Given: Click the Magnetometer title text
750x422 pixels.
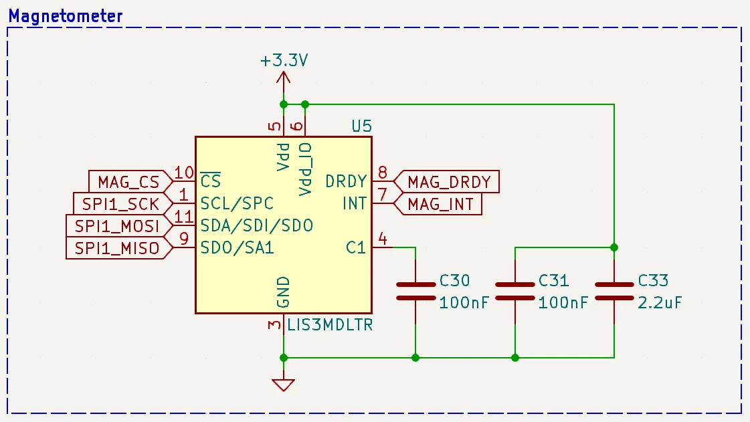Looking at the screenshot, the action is (66, 16).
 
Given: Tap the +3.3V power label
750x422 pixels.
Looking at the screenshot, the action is (284, 61).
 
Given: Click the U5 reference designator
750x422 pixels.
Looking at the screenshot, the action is (361, 126).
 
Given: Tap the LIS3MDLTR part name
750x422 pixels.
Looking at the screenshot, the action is (330, 325).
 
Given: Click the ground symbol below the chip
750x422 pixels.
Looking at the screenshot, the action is (283, 385).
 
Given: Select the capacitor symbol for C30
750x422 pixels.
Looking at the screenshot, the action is (415, 291).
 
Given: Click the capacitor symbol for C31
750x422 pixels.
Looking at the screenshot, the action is (515, 291).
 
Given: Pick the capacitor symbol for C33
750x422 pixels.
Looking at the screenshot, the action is (614, 291).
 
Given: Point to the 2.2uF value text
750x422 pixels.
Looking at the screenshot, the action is (660, 302).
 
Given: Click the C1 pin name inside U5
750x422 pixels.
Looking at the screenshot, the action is (356, 247).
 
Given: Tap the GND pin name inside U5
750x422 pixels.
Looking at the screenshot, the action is (283, 292).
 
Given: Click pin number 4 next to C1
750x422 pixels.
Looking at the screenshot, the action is (383, 238).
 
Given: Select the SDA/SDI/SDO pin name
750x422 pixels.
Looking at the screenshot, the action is (257, 225).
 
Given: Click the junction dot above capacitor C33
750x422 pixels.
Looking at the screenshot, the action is (614, 247).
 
